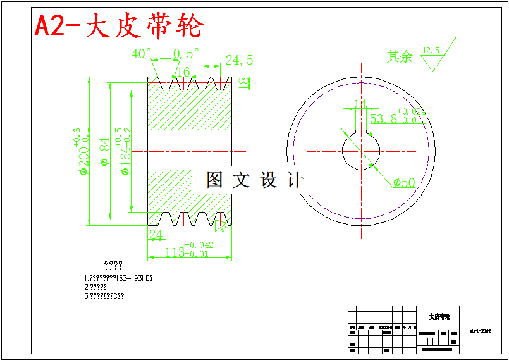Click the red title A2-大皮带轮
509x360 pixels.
[x=119, y=26]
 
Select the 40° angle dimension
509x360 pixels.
[x=142, y=54]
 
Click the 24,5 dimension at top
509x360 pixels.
[x=239, y=60]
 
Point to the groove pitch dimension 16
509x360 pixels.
[x=183, y=72]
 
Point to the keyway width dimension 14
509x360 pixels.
[x=360, y=104]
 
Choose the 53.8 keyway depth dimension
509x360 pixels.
[x=387, y=118]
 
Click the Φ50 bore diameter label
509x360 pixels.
[x=404, y=183]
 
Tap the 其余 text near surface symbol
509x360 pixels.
[x=400, y=57]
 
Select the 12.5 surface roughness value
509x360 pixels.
[x=430, y=50]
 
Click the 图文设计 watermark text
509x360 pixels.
[x=255, y=180]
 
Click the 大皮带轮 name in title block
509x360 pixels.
[x=439, y=317]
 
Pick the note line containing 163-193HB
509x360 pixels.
[x=118, y=278]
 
